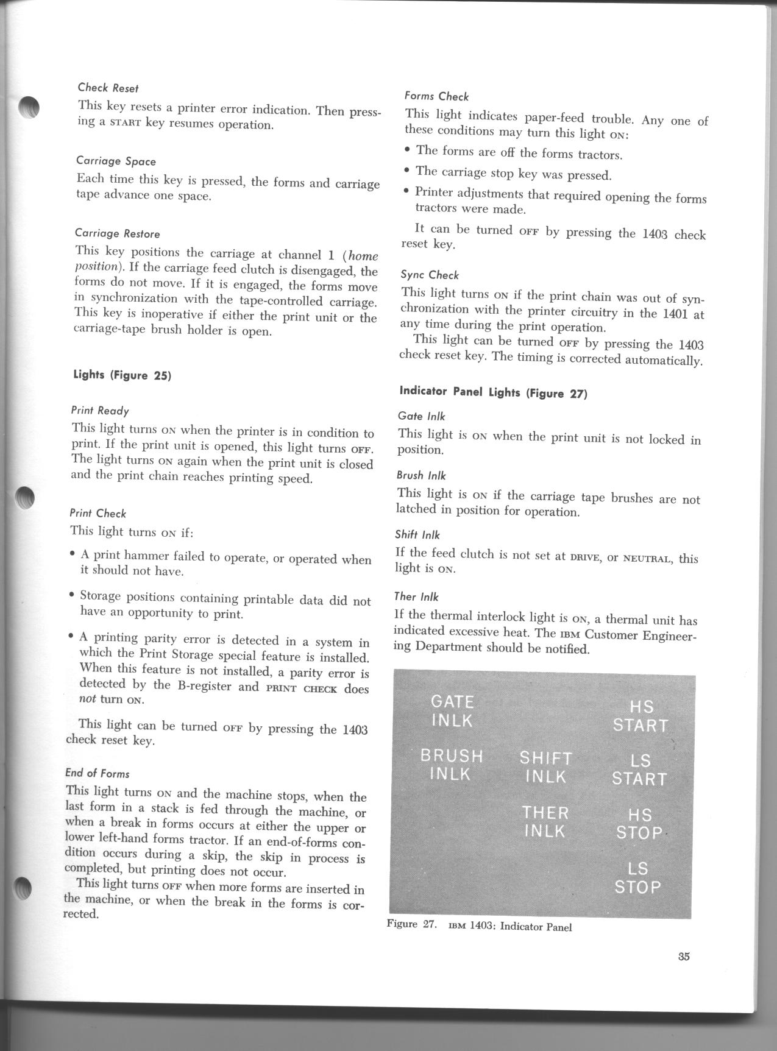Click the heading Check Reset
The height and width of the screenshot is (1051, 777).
tap(108, 88)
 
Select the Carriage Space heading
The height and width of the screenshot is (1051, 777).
tap(116, 161)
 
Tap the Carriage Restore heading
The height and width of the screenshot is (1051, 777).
tap(117, 233)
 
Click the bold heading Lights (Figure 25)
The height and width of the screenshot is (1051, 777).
tap(122, 375)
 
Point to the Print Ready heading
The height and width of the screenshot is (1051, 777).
tap(100, 411)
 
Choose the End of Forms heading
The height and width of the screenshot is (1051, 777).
tap(97, 773)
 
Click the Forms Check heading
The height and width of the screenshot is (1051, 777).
tap(436, 96)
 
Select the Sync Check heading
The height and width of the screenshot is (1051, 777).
tap(430, 275)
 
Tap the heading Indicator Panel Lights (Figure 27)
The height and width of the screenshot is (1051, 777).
tap(493, 392)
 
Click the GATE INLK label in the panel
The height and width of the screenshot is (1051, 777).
tap(452, 710)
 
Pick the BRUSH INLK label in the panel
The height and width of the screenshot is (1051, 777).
tap(452, 765)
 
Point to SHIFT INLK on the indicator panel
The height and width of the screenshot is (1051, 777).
tap(546, 767)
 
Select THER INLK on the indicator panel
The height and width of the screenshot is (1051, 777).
tap(545, 821)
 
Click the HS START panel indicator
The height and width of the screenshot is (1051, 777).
tap(640, 716)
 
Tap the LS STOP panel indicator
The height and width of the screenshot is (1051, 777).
tap(637, 877)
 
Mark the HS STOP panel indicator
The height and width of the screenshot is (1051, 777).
tap(639, 824)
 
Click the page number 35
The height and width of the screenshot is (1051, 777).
tap(683, 973)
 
